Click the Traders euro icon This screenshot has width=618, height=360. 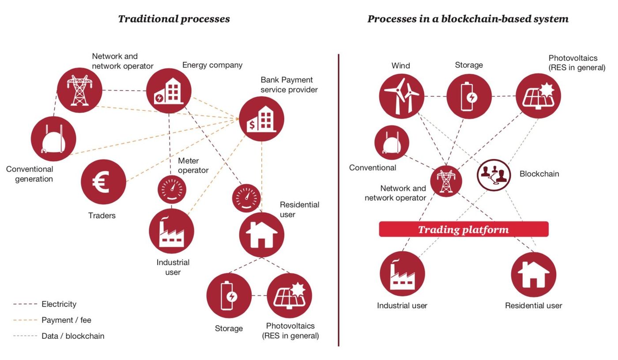click(x=103, y=182)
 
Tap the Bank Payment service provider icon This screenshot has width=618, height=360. click(x=261, y=119)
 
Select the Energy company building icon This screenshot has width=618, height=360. click(x=169, y=91)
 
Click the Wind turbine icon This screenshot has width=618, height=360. click(x=401, y=96)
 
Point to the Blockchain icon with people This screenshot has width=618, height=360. click(x=494, y=175)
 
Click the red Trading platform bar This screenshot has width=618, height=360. click(x=464, y=229)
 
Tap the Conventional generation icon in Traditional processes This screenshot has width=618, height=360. click(x=53, y=139)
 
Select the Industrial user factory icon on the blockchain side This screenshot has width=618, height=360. click(x=402, y=273)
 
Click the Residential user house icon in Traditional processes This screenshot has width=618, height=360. click(x=261, y=235)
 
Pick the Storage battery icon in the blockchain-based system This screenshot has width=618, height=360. click(x=469, y=96)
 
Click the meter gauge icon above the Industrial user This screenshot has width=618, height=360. click(x=172, y=189)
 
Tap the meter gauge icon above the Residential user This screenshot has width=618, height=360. click(x=246, y=198)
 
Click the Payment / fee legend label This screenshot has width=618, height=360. click(x=66, y=320)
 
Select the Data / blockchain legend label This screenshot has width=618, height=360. click(x=73, y=336)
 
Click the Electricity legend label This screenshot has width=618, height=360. click(x=59, y=304)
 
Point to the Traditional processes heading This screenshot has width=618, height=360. click(x=174, y=19)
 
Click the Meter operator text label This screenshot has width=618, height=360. click(x=193, y=165)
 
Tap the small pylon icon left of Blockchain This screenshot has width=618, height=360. click(x=446, y=181)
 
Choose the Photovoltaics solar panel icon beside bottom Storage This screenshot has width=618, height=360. click(x=290, y=296)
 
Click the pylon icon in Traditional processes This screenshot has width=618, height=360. click(x=79, y=90)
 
